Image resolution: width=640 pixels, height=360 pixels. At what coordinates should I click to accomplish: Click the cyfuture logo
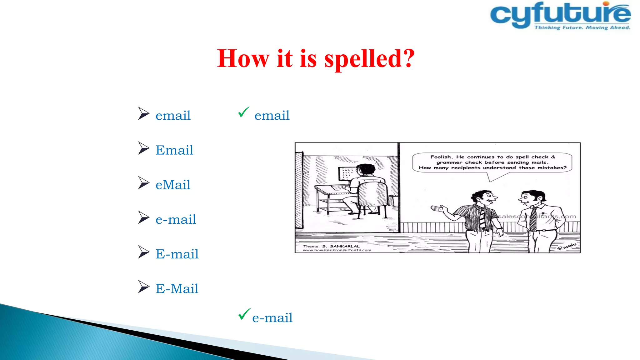pyautogui.click(x=560, y=16)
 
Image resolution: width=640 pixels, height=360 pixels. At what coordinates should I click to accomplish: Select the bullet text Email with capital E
pyautogui.click(x=174, y=150)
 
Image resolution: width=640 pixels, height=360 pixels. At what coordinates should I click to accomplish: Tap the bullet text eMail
pyautogui.click(x=173, y=185)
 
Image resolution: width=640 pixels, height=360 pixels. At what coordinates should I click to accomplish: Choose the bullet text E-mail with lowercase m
pyautogui.click(x=177, y=254)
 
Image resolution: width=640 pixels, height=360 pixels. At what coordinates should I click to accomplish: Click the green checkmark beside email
pyautogui.click(x=243, y=112)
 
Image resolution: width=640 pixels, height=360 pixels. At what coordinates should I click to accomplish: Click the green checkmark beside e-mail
pyautogui.click(x=244, y=314)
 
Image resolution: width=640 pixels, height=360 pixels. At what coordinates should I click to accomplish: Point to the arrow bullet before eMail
pyautogui.click(x=143, y=183)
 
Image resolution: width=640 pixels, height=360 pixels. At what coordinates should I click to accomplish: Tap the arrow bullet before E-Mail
pyautogui.click(x=143, y=287)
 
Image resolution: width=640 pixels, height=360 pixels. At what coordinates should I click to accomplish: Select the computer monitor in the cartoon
pyautogui.click(x=347, y=174)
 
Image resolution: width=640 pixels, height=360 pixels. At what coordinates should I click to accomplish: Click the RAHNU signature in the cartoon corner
pyautogui.click(x=567, y=246)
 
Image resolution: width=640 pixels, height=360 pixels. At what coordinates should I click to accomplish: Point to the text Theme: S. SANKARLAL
pyautogui.click(x=331, y=246)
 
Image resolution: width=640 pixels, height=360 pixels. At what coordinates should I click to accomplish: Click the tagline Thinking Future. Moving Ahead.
pyautogui.click(x=582, y=28)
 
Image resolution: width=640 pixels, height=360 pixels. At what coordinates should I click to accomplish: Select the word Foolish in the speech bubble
pyautogui.click(x=441, y=157)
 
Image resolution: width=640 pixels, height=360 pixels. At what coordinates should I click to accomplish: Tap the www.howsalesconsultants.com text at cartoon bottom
pyautogui.click(x=337, y=250)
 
